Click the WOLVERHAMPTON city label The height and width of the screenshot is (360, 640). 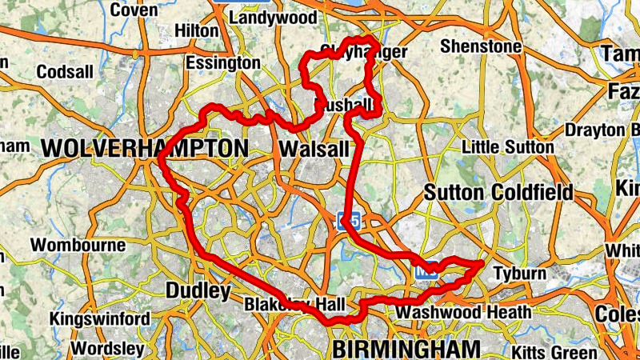pyautogui.click(x=145, y=149)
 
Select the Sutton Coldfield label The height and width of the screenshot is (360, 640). pyautogui.click(x=498, y=193)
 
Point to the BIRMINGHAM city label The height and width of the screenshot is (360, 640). pyautogui.click(x=406, y=350)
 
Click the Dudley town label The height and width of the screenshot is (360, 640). pyautogui.click(x=198, y=291)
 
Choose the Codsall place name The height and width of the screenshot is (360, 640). pyautogui.click(x=64, y=72)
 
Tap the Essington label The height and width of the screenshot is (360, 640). pyautogui.click(x=222, y=62)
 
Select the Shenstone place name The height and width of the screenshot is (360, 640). pyautogui.click(x=480, y=46)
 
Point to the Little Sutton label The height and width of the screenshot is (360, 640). pyautogui.click(x=508, y=147)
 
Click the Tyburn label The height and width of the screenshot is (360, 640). pyautogui.click(x=519, y=274)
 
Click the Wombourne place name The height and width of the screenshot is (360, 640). pyautogui.click(x=78, y=246)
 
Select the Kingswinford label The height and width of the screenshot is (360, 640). pyautogui.click(x=99, y=319)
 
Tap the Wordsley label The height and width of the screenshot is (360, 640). pyautogui.click(x=108, y=349)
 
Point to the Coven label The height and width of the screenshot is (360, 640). pyautogui.click(x=134, y=10)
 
